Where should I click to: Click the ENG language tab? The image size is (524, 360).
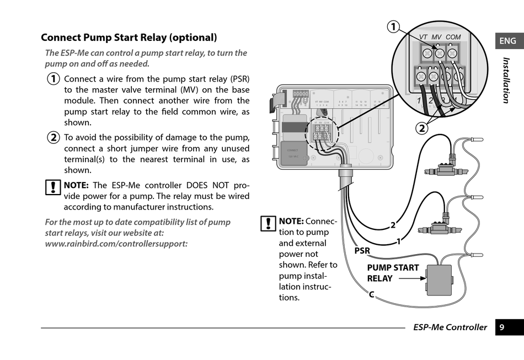pyautogui.click(x=508, y=41)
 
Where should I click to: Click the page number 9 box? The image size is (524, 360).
pyautogui.click(x=502, y=327)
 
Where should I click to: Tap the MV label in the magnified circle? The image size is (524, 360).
pyautogui.click(x=436, y=37)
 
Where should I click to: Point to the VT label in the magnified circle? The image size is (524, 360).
pyautogui.click(x=423, y=37)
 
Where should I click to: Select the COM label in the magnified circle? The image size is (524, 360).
pyautogui.click(x=453, y=37)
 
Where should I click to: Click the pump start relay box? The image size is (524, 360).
pyautogui.click(x=439, y=280)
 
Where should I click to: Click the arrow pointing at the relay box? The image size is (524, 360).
pyautogui.click(x=411, y=279)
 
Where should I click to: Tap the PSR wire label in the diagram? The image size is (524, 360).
pyautogui.click(x=362, y=251)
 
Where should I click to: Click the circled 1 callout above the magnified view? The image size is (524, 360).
pyautogui.click(x=393, y=26)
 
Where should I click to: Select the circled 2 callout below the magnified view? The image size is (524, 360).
pyautogui.click(x=421, y=128)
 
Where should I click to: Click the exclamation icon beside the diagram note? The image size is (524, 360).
pyautogui.click(x=268, y=223)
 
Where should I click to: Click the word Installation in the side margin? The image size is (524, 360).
pyautogui.click(x=506, y=80)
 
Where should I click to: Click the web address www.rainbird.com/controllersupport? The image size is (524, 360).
pyautogui.click(x=116, y=243)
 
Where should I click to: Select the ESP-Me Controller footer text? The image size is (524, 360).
pyautogui.click(x=450, y=327)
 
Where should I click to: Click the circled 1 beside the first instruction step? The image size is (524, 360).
pyautogui.click(x=53, y=79)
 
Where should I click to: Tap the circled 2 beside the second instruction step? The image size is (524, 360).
pyautogui.click(x=53, y=138)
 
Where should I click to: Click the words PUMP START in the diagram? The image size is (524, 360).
pyautogui.click(x=393, y=268)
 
